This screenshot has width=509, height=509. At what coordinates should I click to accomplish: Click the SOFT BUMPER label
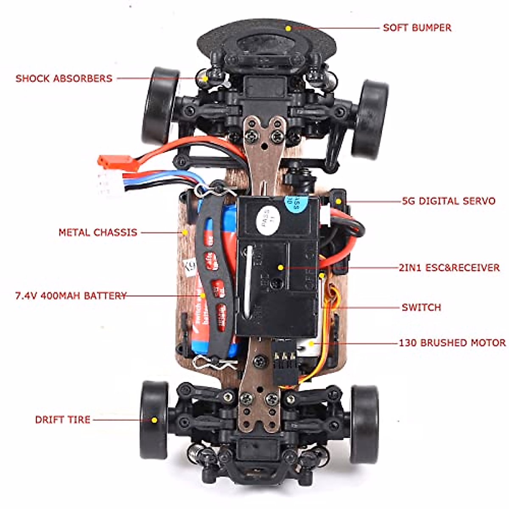click(x=417, y=28)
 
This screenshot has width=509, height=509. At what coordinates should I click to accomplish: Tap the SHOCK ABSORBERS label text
click(x=64, y=78)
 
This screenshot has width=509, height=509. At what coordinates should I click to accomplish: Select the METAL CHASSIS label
click(x=98, y=232)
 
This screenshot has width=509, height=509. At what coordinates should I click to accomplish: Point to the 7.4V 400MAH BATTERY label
click(x=71, y=296)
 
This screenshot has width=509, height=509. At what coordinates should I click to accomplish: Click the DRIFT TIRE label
click(x=63, y=420)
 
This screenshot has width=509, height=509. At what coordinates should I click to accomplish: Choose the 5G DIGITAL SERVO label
click(x=449, y=201)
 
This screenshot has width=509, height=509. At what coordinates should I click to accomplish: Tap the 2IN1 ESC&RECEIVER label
click(x=449, y=268)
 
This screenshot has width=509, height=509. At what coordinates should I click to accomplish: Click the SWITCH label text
click(x=421, y=307)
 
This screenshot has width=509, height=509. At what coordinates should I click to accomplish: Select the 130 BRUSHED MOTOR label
click(x=452, y=343)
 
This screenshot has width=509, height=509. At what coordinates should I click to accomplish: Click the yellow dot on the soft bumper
click(x=288, y=28)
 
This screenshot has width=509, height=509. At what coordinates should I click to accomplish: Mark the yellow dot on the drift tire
click(x=154, y=420)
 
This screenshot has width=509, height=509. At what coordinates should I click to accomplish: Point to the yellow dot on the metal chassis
click(x=185, y=232)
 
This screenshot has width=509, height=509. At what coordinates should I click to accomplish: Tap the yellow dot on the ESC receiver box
click(x=280, y=267)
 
